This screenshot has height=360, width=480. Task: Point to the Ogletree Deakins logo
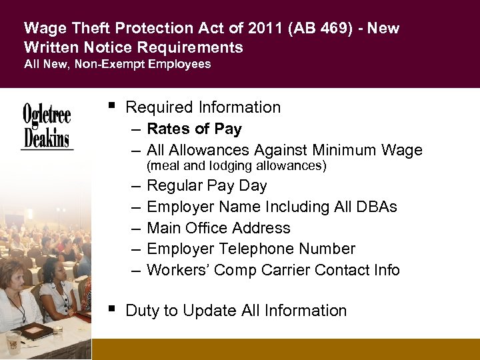pyautogui.click(x=47, y=126)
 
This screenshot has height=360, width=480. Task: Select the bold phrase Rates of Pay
pyautogui.click(x=194, y=129)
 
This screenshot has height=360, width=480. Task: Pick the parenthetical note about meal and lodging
pyautogui.click(x=236, y=165)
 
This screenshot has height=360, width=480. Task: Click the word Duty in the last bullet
pyautogui.click(x=143, y=311)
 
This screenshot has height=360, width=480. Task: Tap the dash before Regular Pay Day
pyautogui.click(x=135, y=186)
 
